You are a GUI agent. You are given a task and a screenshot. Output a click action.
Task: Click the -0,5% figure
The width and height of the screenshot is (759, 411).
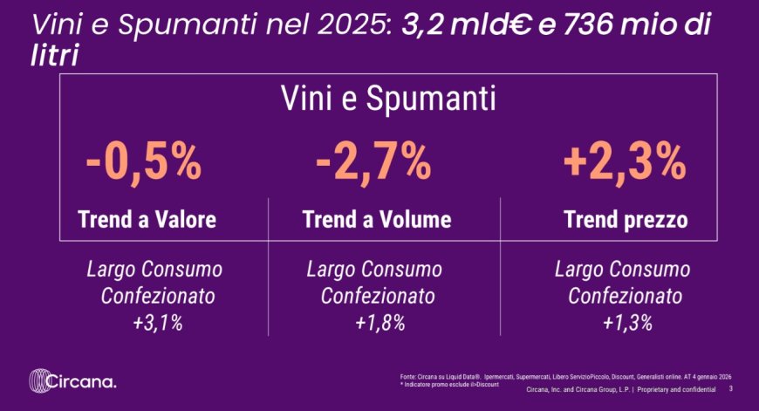[x=145, y=161]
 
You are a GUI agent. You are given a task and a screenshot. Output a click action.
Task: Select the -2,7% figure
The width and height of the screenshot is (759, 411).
[x=374, y=161]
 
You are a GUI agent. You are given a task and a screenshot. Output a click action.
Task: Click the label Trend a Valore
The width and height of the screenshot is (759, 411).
[x=147, y=220]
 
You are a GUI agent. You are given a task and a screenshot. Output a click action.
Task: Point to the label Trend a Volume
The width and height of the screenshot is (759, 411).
[x=377, y=220]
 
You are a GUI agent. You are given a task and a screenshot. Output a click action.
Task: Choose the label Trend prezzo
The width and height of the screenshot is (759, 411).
[x=626, y=220]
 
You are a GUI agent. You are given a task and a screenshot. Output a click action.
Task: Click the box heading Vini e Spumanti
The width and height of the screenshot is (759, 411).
[x=388, y=99]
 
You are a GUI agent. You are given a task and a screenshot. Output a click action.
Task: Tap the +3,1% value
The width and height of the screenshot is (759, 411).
[x=158, y=324]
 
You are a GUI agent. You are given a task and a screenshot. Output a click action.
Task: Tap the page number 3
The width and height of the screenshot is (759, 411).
[x=730, y=389]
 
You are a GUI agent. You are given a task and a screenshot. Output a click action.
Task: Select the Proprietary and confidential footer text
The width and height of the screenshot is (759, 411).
[x=678, y=389]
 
